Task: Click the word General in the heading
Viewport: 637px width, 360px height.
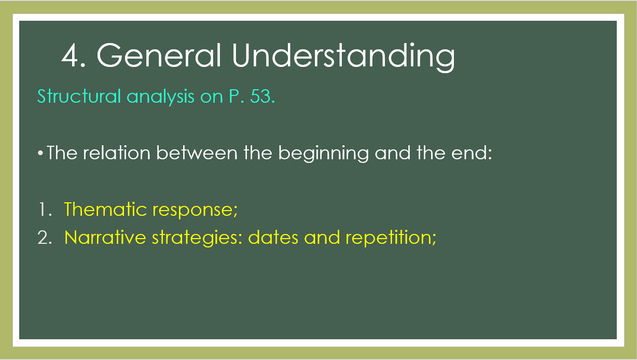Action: pos(159,55)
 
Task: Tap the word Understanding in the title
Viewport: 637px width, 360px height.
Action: pos(343,58)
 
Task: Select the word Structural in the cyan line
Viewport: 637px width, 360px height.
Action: pos(79,96)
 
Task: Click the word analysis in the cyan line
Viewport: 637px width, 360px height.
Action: pos(161,96)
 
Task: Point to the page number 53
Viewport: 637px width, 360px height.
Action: pos(260,96)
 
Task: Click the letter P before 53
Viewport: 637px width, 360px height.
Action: pos(234,96)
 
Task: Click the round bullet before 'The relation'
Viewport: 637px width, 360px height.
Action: pos(40,153)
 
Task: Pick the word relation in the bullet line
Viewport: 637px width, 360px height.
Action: pos(117,153)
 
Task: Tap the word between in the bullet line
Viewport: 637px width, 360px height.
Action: pos(197,153)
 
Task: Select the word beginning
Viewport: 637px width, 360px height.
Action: pos(323,154)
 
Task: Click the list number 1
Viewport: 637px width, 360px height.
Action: pos(42,210)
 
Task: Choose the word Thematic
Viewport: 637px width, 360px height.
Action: pos(105,209)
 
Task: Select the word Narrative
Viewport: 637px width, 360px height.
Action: pos(105,237)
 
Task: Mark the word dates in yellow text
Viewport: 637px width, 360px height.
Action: pos(273,237)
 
